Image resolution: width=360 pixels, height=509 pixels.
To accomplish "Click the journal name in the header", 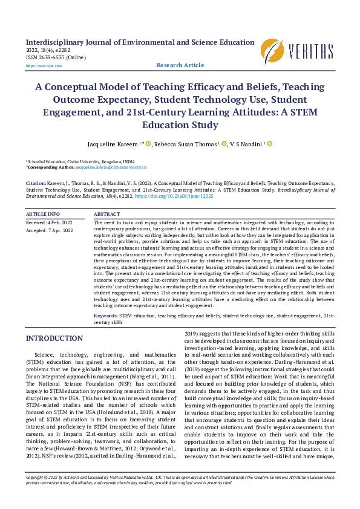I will (x=140, y=42).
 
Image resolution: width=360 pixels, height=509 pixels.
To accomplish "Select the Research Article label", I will (x=180, y=65).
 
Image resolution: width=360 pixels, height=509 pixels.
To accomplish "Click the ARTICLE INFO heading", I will (x=42, y=215).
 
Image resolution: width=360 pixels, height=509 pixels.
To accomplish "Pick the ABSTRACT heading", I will (x=107, y=215).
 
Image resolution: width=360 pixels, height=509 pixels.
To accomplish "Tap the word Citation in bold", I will (x=36, y=182).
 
